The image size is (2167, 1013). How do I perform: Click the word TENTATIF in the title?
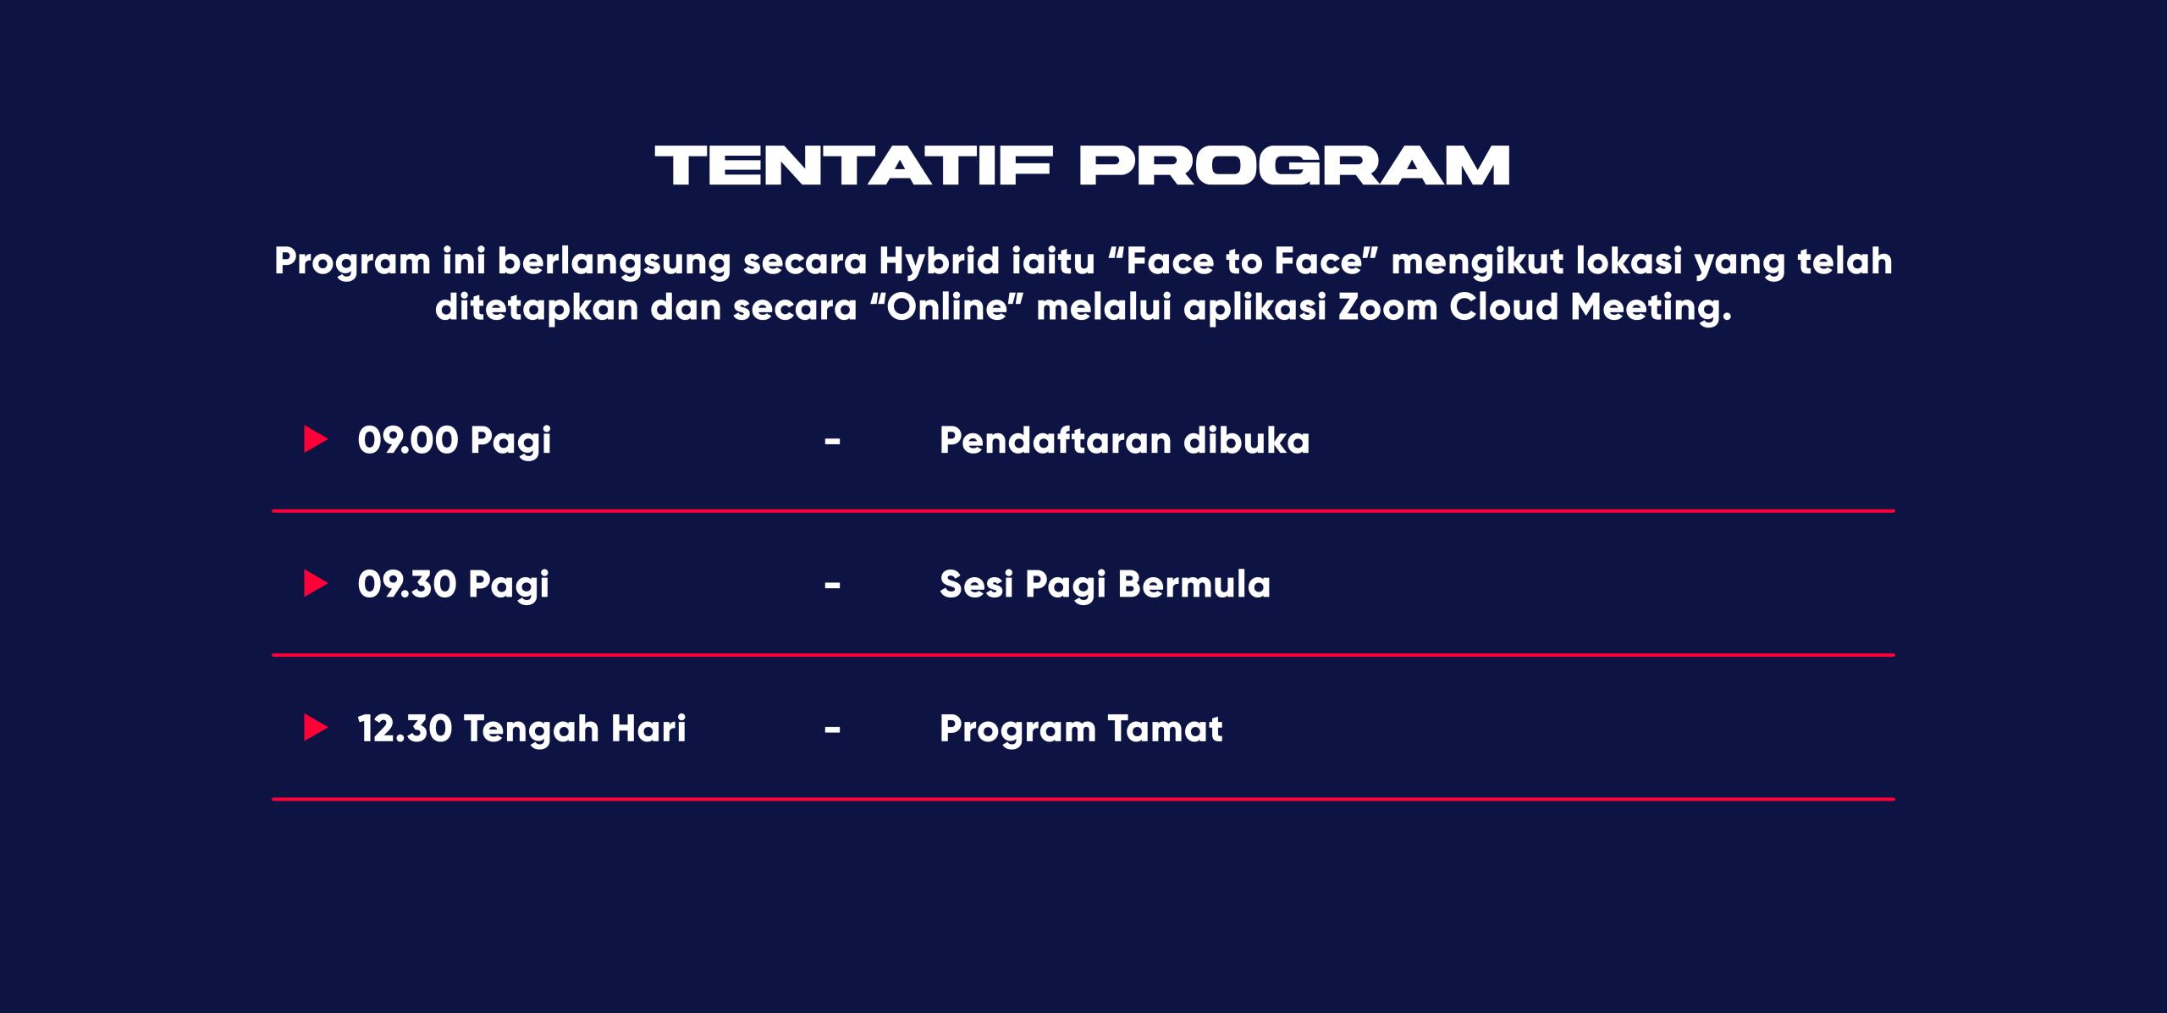coord(854,165)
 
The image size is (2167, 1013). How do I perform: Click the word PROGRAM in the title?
coord(1295,165)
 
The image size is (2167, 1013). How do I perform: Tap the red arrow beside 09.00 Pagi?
coord(316,439)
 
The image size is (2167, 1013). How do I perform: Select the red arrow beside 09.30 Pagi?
coord(316,583)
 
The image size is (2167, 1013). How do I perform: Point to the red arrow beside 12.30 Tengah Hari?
coord(316,727)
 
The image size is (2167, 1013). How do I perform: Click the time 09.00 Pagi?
coord(455,441)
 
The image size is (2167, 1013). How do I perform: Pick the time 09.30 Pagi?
coord(454,585)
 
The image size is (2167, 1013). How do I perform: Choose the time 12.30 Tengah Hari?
coord(522,729)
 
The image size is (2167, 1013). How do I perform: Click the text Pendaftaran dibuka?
coord(1125,440)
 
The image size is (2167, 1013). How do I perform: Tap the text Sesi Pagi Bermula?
coord(1106,585)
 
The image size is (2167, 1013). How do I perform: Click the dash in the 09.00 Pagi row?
coord(833,442)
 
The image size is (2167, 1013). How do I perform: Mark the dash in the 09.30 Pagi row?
coord(833,586)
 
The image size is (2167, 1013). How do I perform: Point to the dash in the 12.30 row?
coord(833,729)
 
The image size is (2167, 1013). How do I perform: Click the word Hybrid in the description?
coord(940,262)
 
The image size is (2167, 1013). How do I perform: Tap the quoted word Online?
coord(947,306)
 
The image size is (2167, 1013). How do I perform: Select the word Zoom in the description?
coord(1388,306)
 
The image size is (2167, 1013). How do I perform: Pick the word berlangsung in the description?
coord(615,262)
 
